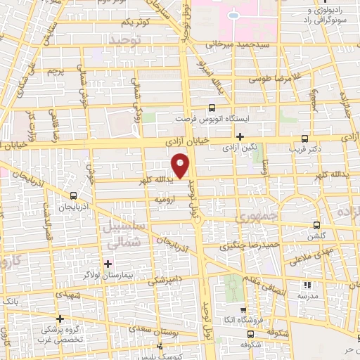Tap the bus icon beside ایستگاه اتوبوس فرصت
click(x=212, y=108)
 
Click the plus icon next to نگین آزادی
click(x=240, y=136)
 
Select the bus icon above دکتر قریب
click(x=304, y=139)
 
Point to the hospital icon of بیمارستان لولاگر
click(x=108, y=264)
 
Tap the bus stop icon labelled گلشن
click(x=317, y=225)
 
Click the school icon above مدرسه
click(x=307, y=285)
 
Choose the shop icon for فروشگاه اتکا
click(x=243, y=310)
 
